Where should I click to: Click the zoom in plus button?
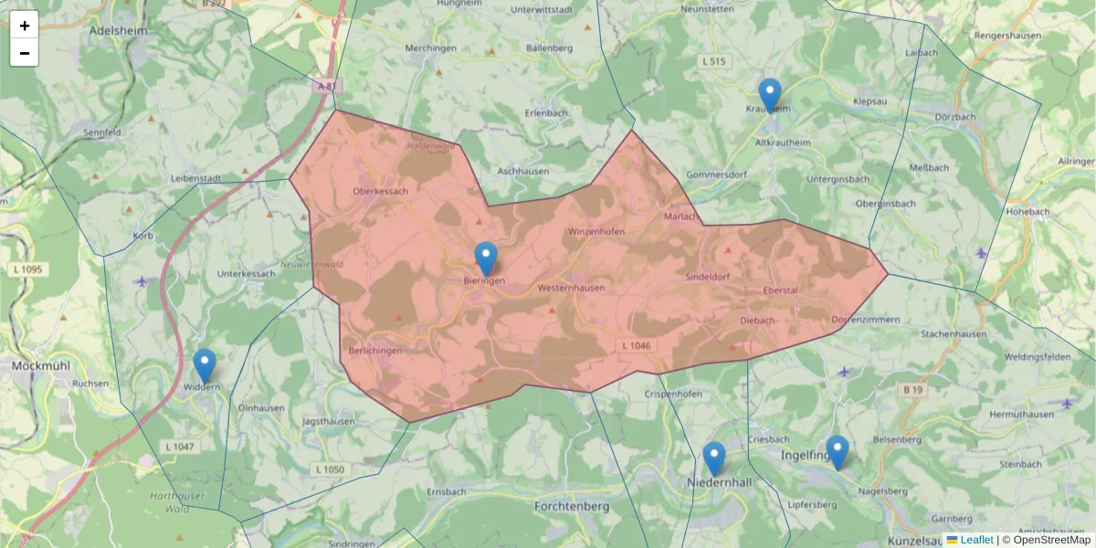pyautogui.click(x=25, y=26)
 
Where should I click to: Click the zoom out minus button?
pyautogui.click(x=25, y=53)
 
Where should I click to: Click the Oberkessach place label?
pyautogui.click(x=381, y=191)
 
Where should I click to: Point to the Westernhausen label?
pyautogui.click(x=572, y=287)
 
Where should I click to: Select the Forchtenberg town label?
pyautogui.click(x=572, y=505)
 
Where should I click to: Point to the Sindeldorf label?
pyautogui.click(x=708, y=275)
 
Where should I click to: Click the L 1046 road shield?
pyautogui.click(x=636, y=345)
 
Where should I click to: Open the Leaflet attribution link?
pyautogui.click(x=976, y=540)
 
